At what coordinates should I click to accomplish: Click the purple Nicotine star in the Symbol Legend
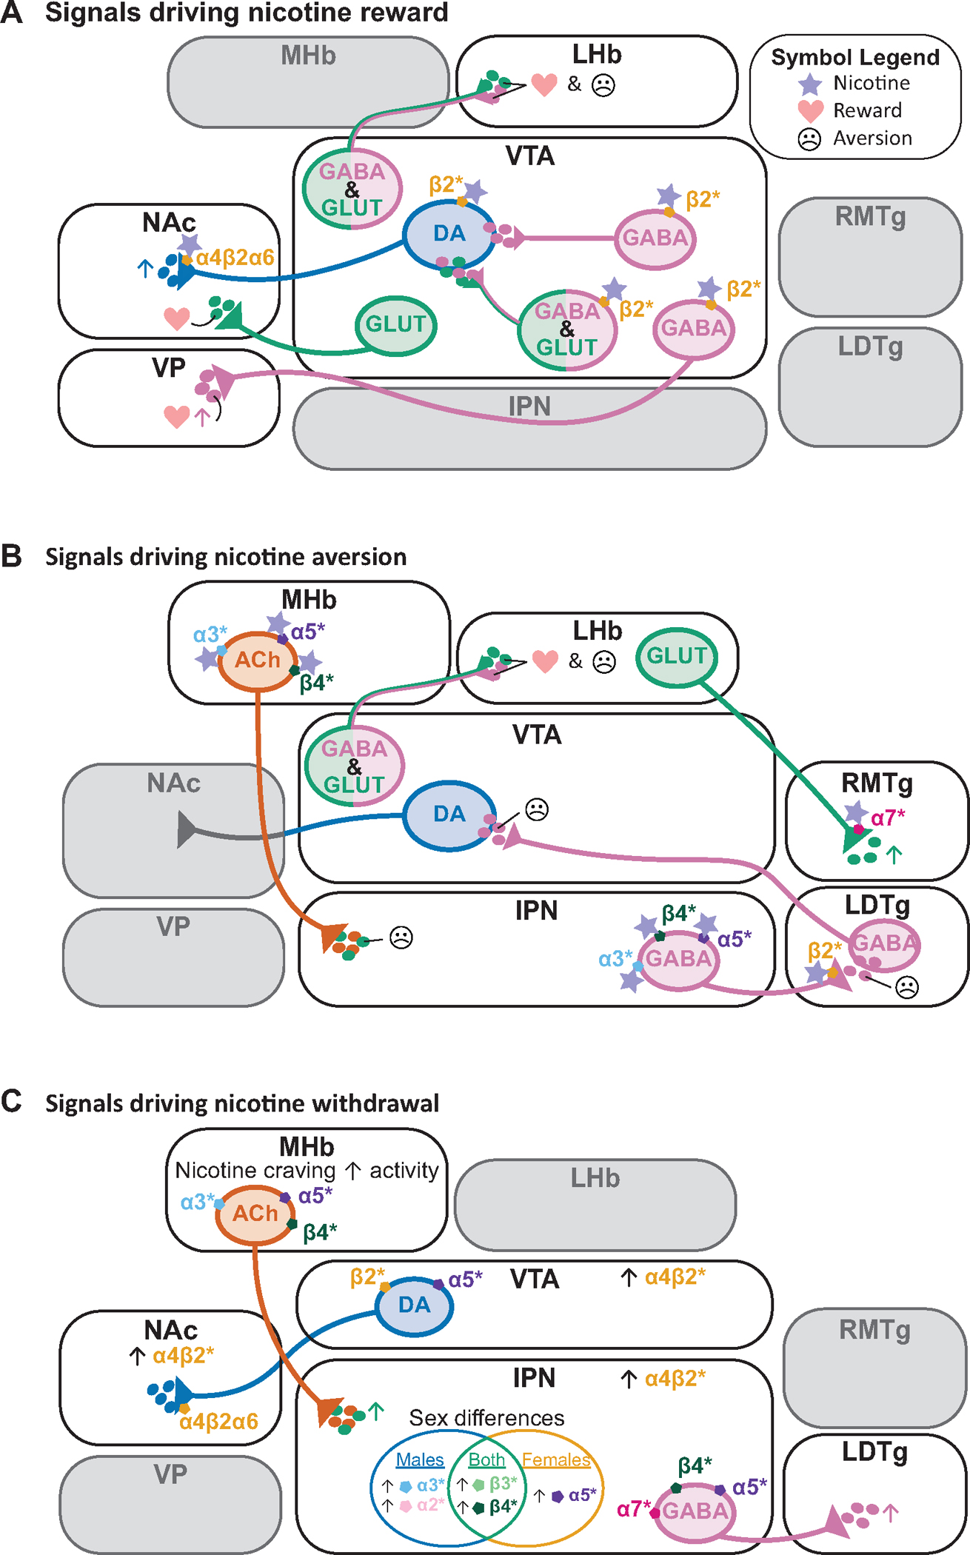click(810, 84)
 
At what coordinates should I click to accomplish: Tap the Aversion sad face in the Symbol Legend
click(809, 139)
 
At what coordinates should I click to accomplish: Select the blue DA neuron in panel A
click(449, 234)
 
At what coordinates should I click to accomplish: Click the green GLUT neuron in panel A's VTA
click(395, 325)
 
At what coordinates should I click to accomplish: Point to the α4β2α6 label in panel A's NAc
click(235, 258)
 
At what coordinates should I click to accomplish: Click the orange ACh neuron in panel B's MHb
click(257, 660)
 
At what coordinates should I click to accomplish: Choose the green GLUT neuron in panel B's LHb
click(676, 656)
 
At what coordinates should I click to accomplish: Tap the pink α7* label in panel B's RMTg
click(888, 818)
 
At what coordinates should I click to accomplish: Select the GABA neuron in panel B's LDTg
click(884, 943)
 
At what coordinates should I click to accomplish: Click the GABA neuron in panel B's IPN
click(678, 959)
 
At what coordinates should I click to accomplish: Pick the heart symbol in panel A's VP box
click(176, 416)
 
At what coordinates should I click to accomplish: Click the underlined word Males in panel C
click(420, 1459)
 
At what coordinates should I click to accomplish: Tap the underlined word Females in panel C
click(555, 1459)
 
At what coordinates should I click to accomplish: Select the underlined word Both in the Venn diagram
click(486, 1459)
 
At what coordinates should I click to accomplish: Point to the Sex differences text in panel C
click(486, 1418)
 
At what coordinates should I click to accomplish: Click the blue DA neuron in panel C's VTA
click(414, 1305)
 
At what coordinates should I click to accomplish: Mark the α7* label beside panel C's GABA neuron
click(633, 1508)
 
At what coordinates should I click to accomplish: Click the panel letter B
click(11, 556)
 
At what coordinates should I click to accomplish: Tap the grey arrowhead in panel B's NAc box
click(186, 829)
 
